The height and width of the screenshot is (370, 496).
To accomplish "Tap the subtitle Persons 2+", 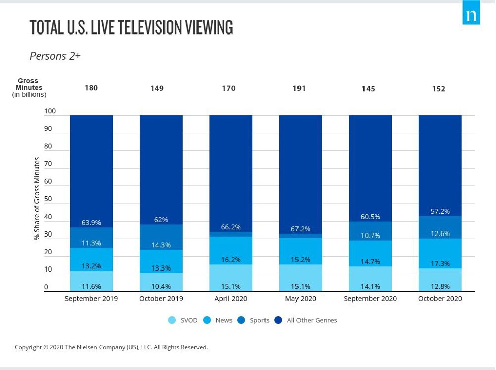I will coord(55,56).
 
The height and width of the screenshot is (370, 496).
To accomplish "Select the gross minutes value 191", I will coord(299,88).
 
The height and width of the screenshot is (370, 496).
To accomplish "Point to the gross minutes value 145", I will coord(368,89).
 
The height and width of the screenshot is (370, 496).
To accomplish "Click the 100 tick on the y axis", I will coord(50,111).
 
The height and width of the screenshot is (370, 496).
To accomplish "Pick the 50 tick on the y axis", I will coord(48,199).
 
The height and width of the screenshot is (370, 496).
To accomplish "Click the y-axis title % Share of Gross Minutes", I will coord(37,198).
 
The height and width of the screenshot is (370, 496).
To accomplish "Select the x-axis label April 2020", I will coord(230,299).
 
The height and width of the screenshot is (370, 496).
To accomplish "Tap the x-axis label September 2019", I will coord(91,299).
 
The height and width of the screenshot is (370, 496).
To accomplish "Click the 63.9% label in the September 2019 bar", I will coord(91,223).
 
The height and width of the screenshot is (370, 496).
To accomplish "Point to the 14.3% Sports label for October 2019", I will coord(161,245).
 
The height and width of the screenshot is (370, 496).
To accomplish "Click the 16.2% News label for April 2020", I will coord(230,260).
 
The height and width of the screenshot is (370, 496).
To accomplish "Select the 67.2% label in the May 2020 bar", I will coord(301,229).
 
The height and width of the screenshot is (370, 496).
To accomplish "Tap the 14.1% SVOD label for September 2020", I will coord(370,286).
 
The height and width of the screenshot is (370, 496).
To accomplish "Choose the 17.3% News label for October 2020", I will coord(440,264).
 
